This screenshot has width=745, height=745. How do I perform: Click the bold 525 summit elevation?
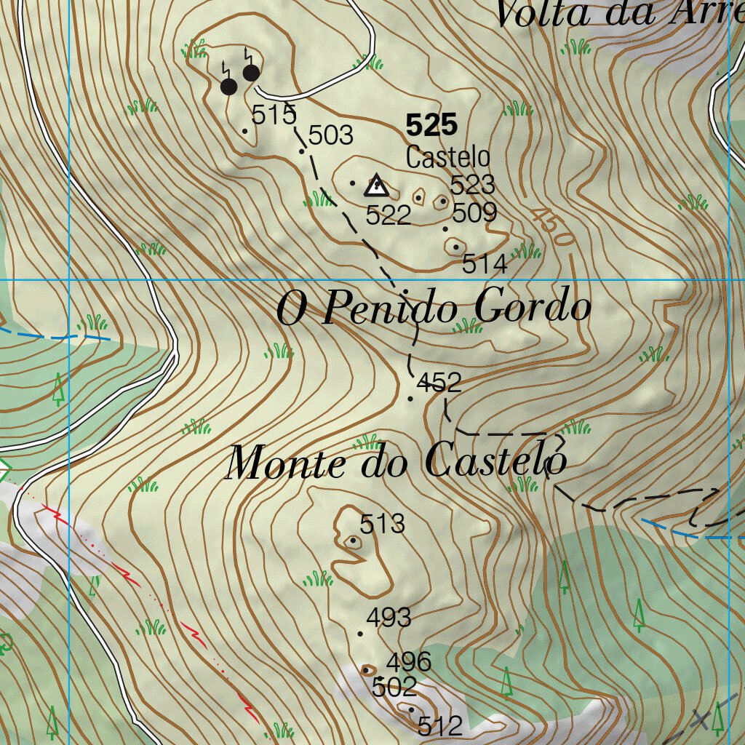431,126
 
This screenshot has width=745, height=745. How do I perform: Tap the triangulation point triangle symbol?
375,186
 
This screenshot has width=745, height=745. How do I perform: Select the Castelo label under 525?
447,157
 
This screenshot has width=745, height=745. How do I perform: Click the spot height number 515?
274,114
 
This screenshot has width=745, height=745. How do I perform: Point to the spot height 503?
331,135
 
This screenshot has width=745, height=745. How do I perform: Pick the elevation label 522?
389,215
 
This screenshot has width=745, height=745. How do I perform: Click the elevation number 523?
472,185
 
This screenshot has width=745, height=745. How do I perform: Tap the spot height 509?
474,213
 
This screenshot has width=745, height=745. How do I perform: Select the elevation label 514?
485,265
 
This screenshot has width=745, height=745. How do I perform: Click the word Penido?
389,308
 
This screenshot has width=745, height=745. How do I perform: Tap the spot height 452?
439,383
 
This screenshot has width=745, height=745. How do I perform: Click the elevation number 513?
383,523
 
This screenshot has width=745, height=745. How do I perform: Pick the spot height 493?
389,618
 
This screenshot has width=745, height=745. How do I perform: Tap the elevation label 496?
409,663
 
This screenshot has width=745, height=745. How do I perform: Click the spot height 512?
440,725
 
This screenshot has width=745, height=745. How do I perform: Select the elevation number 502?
394,686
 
